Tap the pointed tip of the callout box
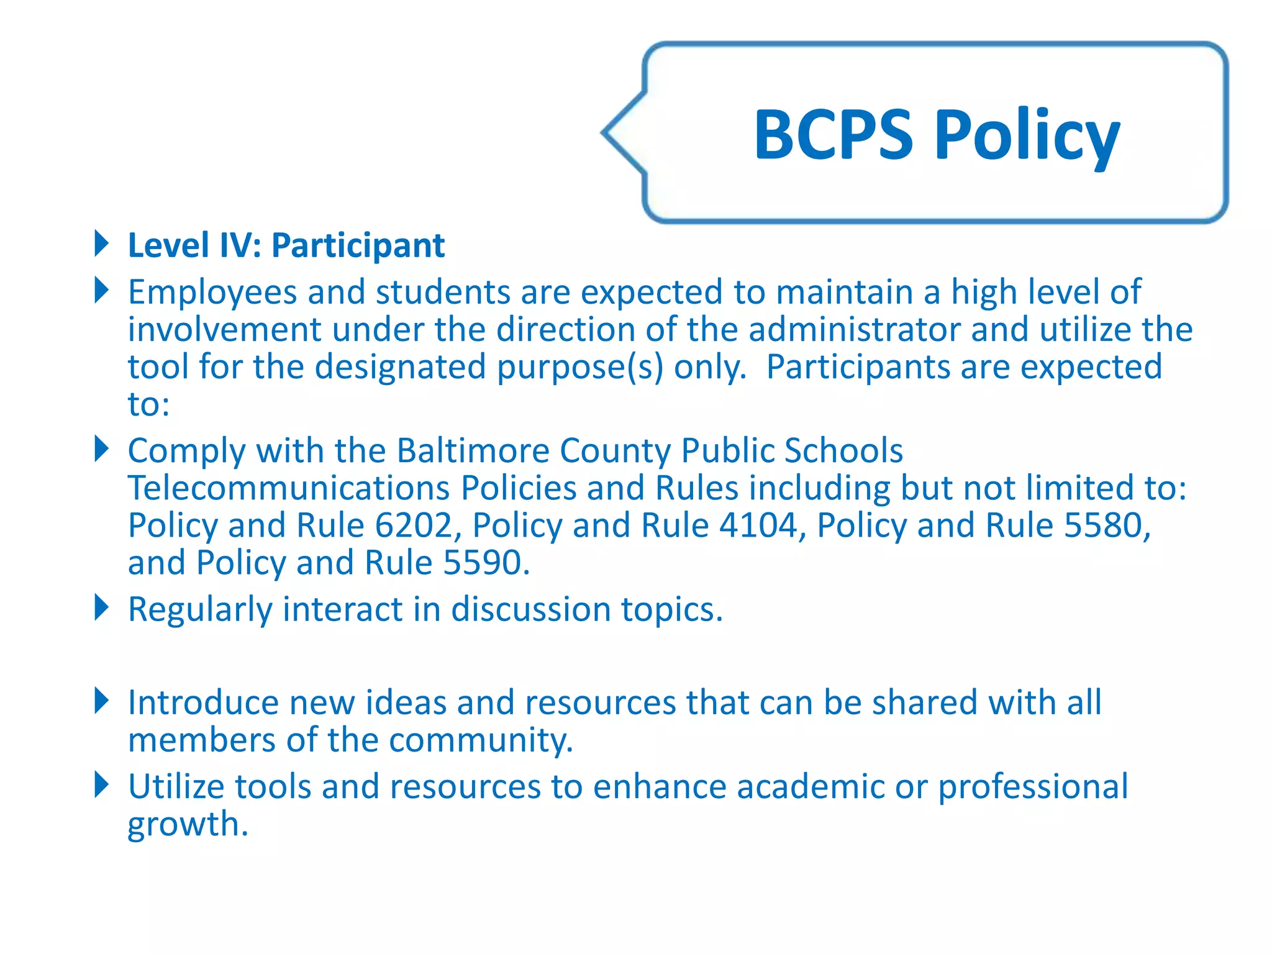coord(604,132)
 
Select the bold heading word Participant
coord(358,246)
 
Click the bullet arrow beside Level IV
coord(101,243)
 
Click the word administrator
coord(854,329)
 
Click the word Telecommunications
coord(289,488)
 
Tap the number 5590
coord(485,563)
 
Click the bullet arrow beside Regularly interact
coord(101,607)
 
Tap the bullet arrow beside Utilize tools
coord(101,784)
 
